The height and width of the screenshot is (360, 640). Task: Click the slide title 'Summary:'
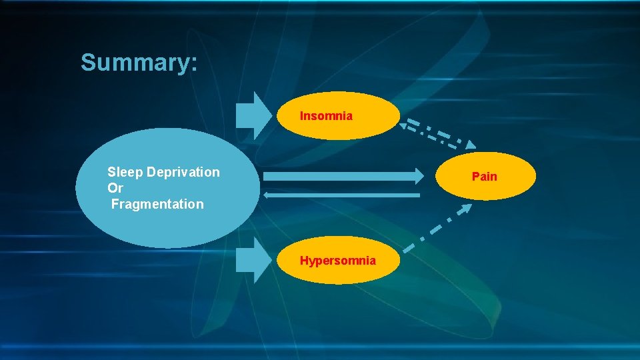[x=139, y=63]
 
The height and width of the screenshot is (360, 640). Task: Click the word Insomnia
[x=326, y=116]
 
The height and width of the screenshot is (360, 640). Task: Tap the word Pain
[x=485, y=177]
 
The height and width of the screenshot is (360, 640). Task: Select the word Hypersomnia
[x=337, y=261]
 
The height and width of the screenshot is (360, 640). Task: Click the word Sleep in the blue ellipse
[x=125, y=172]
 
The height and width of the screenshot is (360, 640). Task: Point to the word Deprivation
[x=183, y=172]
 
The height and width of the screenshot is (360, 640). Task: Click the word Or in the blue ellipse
[x=115, y=188]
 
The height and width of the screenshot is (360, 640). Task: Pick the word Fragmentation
[x=157, y=204]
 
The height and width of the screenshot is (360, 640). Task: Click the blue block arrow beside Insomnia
[x=252, y=111]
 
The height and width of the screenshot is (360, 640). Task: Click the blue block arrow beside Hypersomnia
[x=252, y=261]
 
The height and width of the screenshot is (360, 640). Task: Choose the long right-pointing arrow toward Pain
[x=340, y=176]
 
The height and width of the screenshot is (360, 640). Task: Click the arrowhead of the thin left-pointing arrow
[x=266, y=195]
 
